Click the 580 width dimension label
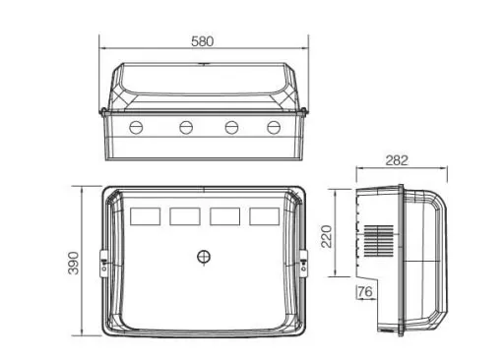point(202,41)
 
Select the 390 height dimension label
point(73,263)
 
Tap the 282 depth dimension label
point(397,160)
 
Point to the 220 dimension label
point(327,236)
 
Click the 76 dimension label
point(365,291)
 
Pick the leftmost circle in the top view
point(136,128)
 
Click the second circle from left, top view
point(186,128)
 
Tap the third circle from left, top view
point(231,128)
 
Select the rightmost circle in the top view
point(274,128)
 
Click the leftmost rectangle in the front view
point(146,216)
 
